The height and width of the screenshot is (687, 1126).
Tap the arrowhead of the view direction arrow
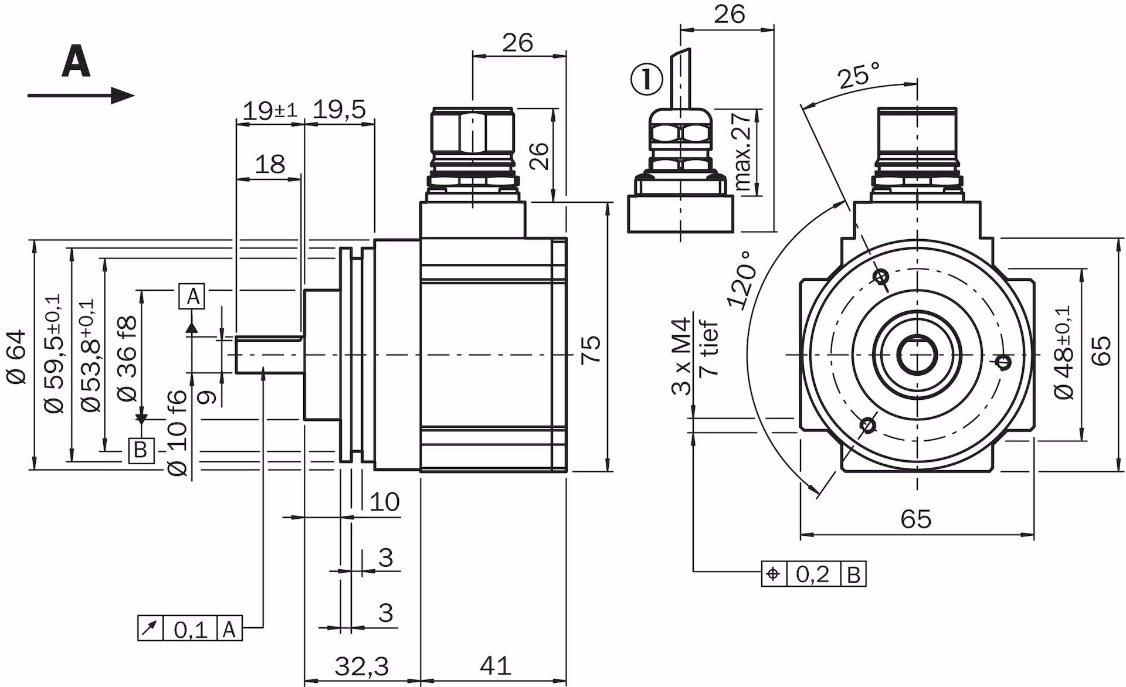coord(123,96)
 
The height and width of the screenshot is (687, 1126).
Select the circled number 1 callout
coord(646,79)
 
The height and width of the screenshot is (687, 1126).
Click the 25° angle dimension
coord(858,75)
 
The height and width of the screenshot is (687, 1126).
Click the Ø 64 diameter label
coord(17,356)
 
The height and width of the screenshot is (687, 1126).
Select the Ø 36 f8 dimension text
coord(127,358)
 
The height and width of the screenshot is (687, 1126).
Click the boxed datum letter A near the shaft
coord(193,297)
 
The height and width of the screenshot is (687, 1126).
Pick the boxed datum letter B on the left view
coord(141,450)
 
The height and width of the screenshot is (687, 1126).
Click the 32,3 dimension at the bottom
coord(362,666)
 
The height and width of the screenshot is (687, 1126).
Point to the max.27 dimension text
coord(742,152)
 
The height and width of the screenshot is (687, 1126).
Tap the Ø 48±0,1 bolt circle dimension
coord(1063,352)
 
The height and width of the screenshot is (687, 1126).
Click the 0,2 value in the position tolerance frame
coord(813,574)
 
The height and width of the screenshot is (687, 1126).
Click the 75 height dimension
coord(592,350)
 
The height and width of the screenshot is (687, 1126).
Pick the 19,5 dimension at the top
coord(340,110)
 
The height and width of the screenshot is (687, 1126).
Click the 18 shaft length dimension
coord(270,164)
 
